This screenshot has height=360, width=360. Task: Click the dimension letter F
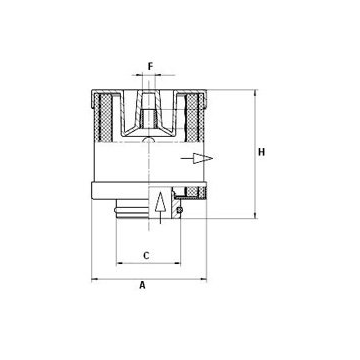coord(150,66)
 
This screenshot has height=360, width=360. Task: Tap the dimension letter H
coord(262,152)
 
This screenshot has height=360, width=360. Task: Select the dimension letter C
coord(146,256)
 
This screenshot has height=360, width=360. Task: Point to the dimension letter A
coord(143,285)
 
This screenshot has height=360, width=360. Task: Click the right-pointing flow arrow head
coord(203,158)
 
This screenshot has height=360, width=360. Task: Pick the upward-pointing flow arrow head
coord(160,201)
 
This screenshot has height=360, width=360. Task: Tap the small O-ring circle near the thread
coord(179,210)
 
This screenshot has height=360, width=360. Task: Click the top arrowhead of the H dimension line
coord(255,93)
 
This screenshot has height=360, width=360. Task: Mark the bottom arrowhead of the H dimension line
coord(255,215)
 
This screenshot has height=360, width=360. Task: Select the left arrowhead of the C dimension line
coord(120,263)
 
